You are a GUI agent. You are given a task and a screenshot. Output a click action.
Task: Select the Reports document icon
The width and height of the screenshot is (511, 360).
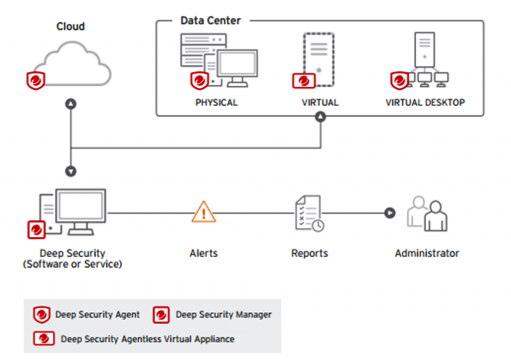309,213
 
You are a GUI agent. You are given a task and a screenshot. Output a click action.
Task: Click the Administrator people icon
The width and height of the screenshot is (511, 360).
427,213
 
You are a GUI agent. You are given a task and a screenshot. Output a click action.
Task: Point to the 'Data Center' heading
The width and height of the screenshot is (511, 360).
211,20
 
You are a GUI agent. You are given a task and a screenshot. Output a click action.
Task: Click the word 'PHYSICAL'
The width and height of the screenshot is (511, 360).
217,103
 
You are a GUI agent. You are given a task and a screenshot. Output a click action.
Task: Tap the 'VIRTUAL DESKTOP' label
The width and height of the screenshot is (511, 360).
425,103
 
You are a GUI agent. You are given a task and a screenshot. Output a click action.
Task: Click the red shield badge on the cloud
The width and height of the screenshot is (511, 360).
35,80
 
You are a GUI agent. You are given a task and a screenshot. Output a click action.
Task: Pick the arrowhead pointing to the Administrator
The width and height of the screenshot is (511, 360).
390,213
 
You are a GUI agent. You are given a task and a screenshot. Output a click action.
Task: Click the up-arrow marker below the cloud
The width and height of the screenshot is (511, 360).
71,104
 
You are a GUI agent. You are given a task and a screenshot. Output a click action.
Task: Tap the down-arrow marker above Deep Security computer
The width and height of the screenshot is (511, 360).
71,171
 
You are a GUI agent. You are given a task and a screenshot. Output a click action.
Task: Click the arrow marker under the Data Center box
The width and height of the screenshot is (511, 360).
320,117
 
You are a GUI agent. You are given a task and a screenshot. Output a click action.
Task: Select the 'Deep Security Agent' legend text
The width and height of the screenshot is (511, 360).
97,315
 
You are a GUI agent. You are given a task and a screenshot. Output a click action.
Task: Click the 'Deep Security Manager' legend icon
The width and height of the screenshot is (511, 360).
161,315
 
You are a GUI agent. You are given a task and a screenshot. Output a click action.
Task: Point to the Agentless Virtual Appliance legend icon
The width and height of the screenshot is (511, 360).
44,339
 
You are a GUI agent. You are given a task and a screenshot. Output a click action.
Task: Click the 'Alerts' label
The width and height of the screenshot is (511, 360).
204,253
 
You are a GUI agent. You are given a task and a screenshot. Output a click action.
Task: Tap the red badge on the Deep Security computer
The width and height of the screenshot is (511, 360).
36,230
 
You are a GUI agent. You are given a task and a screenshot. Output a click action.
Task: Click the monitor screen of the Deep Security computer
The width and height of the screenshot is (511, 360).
80,206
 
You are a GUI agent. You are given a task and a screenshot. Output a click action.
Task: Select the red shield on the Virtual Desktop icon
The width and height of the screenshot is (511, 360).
399,80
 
